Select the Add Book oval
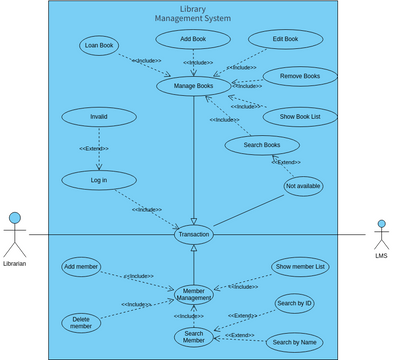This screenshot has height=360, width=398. [x=193, y=39]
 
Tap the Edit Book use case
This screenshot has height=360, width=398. [x=285, y=39]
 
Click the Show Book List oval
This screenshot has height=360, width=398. [x=300, y=116]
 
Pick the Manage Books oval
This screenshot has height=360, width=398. [x=193, y=86]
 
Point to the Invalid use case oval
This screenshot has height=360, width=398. [x=98, y=116]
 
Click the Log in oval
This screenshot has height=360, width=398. [x=98, y=180]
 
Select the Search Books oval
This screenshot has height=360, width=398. [x=261, y=146]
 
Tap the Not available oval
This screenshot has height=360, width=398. [x=303, y=186]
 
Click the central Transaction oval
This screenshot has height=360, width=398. [x=193, y=234]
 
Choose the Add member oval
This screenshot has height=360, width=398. [x=81, y=267]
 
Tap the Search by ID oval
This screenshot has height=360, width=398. [x=295, y=303]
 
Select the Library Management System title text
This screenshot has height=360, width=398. [x=193, y=13]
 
